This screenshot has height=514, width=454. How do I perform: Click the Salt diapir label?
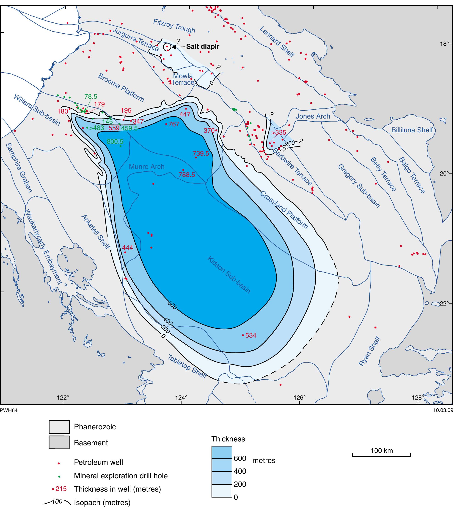point(202,46)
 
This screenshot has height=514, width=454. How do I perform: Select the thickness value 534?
point(250,335)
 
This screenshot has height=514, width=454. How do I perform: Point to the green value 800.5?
point(115,142)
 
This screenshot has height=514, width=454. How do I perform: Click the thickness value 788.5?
point(187,175)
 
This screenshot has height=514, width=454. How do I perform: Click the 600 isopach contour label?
point(173,305)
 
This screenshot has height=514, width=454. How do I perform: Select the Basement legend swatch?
point(59,443)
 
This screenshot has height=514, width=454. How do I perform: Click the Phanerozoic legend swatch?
point(59,427)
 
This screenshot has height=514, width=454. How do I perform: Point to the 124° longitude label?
point(181,398)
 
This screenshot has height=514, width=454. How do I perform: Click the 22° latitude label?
point(445,303)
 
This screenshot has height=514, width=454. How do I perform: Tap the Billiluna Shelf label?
point(412,130)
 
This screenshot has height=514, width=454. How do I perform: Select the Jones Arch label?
point(313,116)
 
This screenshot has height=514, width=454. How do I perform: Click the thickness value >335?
point(278,133)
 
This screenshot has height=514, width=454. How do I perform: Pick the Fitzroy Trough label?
point(174,26)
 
